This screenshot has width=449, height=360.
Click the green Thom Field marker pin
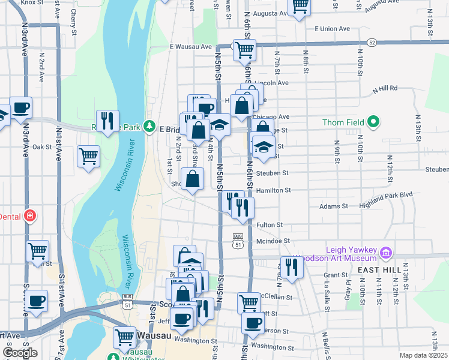[373, 122]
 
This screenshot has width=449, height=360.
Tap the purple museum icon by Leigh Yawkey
[385, 254]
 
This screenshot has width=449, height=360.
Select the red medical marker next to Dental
[28, 216]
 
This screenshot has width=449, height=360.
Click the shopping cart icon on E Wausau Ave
[244, 50]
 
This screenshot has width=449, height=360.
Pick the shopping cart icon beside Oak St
[88, 156]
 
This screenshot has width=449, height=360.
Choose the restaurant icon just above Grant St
[292, 266]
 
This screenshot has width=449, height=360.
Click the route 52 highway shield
[372, 43]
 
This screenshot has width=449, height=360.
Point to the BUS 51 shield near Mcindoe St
[238, 241]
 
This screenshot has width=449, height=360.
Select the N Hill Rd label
[385, 88]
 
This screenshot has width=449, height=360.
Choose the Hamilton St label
[273, 190]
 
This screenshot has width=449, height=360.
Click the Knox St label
[28, 3]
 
